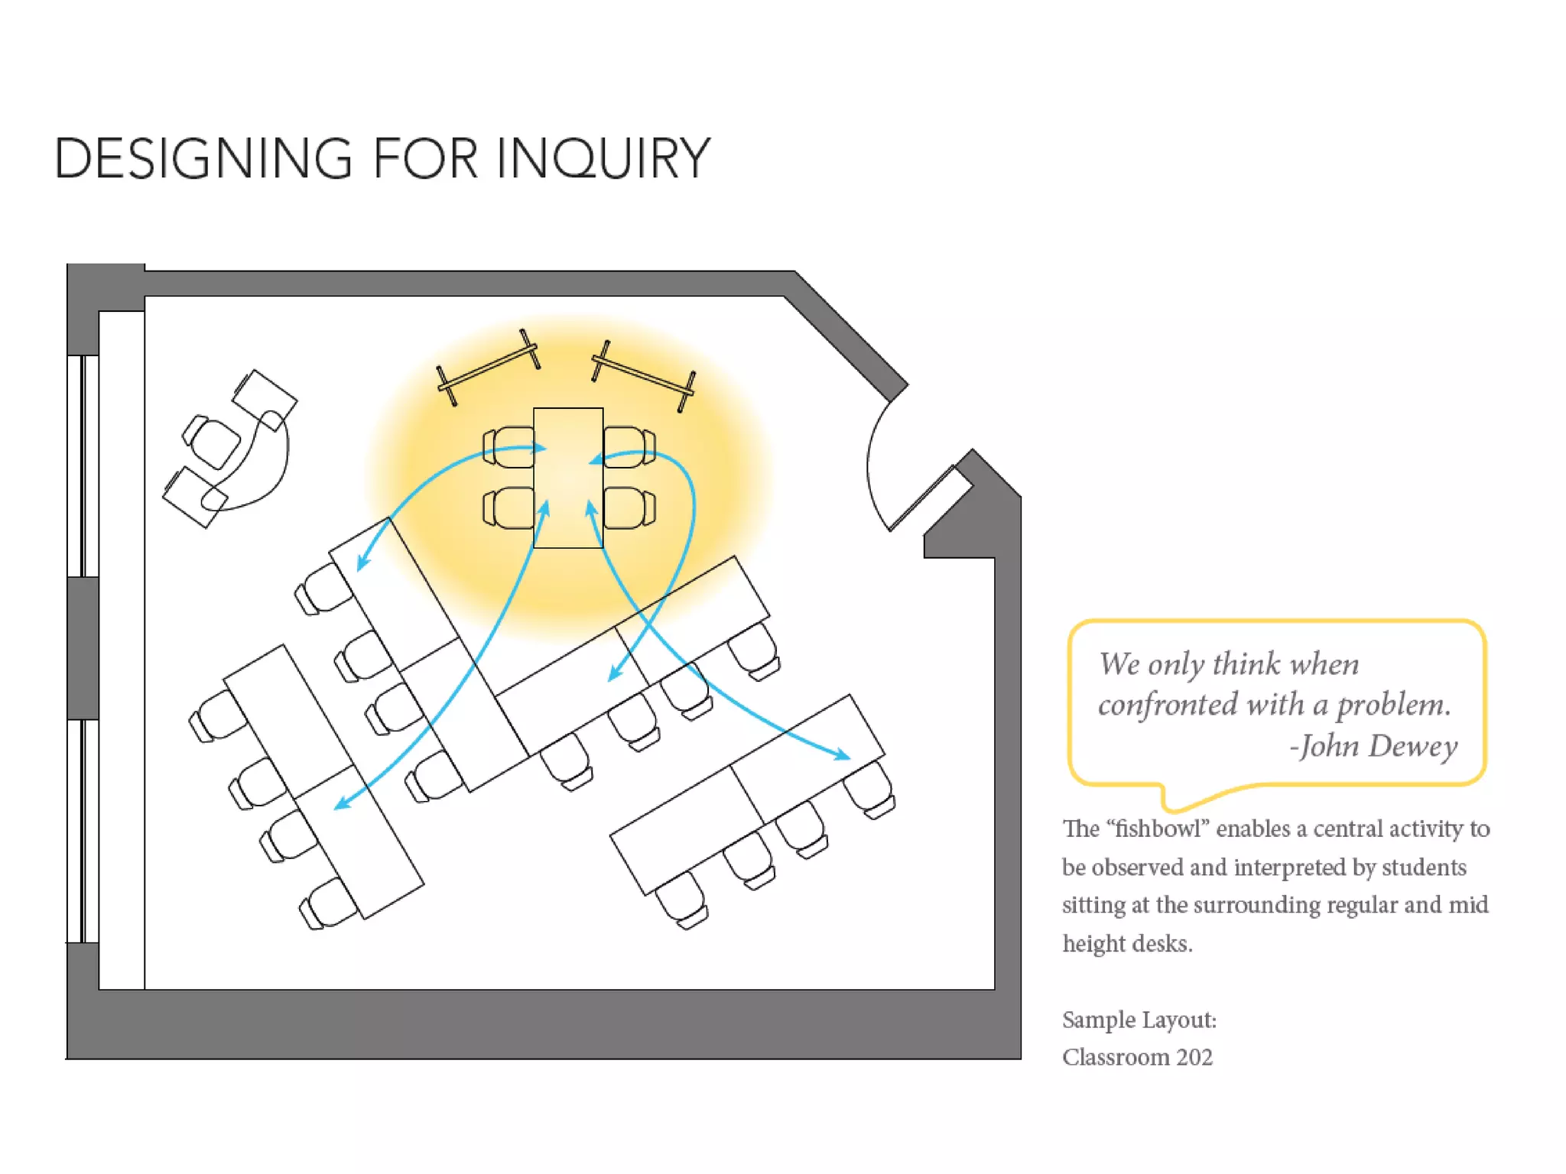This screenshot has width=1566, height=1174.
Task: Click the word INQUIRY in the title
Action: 603,159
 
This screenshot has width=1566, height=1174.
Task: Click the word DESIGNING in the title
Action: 203,159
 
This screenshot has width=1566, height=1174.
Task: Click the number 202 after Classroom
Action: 1194,1057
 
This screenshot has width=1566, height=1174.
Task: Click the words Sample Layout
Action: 1139,1020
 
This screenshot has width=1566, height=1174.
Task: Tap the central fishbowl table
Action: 568,478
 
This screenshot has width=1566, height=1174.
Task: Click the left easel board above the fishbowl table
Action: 489,368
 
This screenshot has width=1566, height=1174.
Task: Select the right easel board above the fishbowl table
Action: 644,375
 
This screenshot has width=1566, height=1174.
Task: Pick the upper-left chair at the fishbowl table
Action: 508,447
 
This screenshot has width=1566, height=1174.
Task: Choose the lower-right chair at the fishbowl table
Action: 629,508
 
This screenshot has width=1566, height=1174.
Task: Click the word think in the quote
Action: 1246,663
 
